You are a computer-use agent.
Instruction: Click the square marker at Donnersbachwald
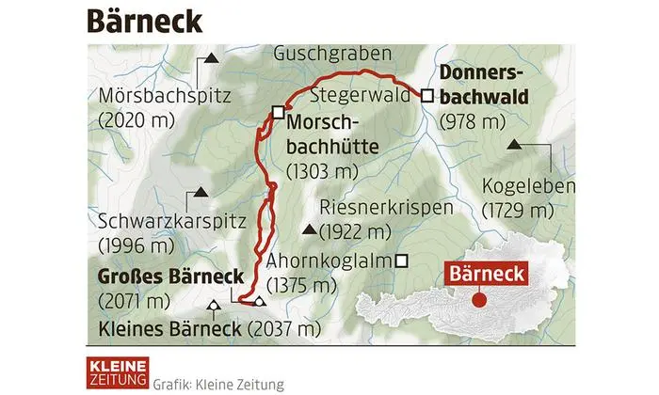point(426,95)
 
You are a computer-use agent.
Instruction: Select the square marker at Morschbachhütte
point(278,113)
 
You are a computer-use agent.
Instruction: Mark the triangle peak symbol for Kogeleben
point(515,144)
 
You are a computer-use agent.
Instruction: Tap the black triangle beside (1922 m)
point(309,230)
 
